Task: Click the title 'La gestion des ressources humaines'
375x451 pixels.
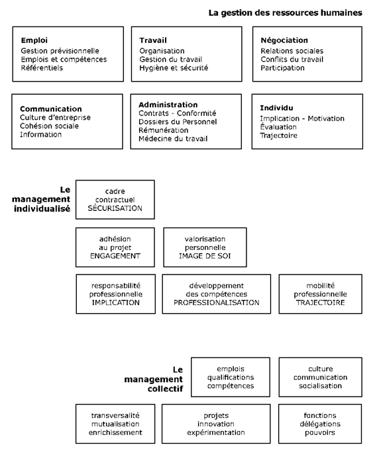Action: [285, 13]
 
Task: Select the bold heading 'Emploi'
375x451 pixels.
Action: [34, 40]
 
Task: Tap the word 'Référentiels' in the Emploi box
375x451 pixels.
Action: [42, 68]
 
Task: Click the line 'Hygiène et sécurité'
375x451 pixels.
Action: [174, 68]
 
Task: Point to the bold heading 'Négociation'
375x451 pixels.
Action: [284, 40]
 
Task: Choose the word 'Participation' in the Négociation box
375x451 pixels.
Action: [282, 68]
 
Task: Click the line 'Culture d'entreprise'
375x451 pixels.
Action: [55, 117]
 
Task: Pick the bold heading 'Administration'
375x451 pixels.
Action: [168, 105]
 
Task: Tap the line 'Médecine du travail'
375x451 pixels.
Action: [173, 139]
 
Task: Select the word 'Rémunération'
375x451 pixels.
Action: [163, 130]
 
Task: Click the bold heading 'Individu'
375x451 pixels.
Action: [276, 108]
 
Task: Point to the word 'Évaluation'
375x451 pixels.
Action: [278, 127]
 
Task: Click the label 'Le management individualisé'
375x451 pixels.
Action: [41, 199]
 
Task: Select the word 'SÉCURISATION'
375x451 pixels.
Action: [115, 208]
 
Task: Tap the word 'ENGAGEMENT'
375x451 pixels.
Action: [115, 256]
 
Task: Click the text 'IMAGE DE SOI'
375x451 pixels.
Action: [205, 256]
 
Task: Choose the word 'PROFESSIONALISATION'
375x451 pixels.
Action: [217, 302]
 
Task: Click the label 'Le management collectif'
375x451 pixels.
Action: [154, 379]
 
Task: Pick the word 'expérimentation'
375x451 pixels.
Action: [216, 432]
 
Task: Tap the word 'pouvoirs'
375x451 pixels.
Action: [320, 432]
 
